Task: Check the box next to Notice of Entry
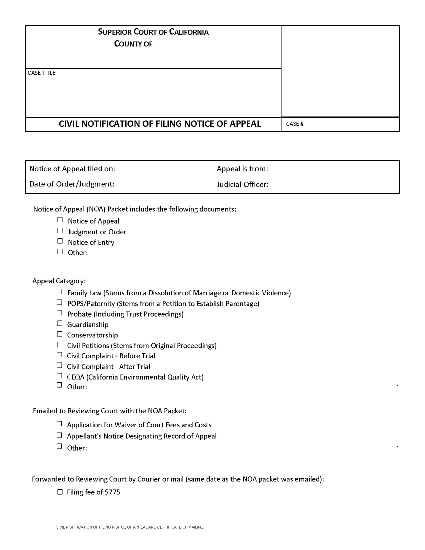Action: (60, 241)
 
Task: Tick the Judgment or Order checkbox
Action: (60, 230)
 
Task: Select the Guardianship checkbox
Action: (60, 323)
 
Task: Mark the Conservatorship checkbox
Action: (60, 334)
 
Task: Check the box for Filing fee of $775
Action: (60, 492)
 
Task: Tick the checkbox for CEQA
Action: (59, 376)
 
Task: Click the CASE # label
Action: (295, 124)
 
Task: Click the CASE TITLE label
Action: (41, 73)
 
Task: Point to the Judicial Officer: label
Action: (242, 184)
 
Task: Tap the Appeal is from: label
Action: (242, 169)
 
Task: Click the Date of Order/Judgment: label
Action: (72, 184)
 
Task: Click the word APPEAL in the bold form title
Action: (245, 124)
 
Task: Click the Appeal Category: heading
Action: (59, 281)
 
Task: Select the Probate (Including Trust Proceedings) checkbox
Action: (59, 312)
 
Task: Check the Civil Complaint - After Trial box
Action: (59, 365)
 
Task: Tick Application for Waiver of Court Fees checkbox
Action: (59, 424)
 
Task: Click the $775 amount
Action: (112, 492)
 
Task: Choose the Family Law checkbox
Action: (59, 291)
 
